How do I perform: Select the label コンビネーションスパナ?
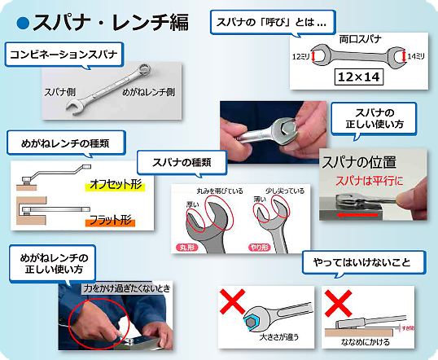click(x=64, y=55)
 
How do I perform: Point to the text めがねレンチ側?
click(x=148, y=92)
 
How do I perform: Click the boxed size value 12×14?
click(x=358, y=77)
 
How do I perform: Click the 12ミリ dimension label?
click(x=301, y=56)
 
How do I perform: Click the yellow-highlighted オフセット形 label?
click(x=115, y=186)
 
